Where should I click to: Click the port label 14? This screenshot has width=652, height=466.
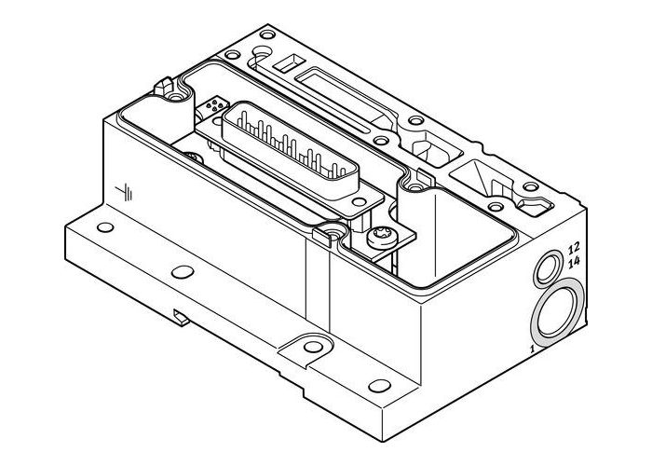pos(574,262)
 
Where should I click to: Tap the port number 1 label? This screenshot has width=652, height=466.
pos(531,348)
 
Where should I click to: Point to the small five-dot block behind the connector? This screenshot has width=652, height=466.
pos(216,103)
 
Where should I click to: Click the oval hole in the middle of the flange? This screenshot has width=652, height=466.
pos(183,272)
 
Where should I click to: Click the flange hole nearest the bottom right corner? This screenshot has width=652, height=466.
pos(376,385)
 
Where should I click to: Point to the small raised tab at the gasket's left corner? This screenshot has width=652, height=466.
pos(173,91)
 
